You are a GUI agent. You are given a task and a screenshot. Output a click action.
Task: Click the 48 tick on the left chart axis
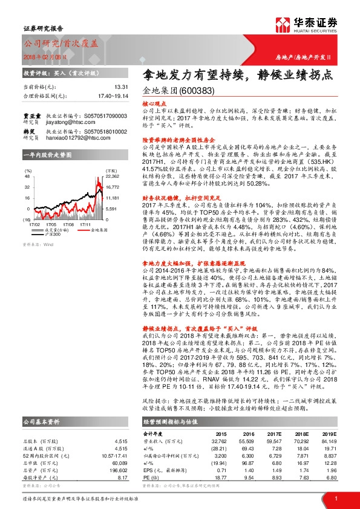tap(27, 177)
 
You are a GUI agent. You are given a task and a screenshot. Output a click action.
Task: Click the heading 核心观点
tap(152, 105)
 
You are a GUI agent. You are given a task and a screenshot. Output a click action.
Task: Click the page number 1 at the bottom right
tap(335, 497)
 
